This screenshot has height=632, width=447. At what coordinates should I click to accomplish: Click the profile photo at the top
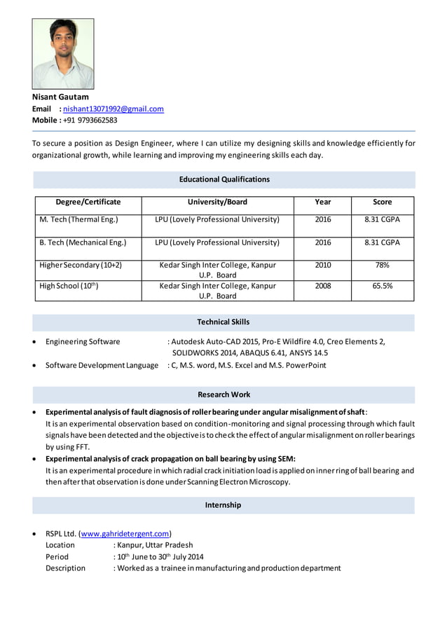[63, 53]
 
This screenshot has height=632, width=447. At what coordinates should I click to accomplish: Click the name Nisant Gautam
[60, 97]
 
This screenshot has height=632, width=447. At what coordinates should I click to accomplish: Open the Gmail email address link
[114, 109]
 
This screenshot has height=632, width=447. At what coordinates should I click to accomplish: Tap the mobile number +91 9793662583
[90, 120]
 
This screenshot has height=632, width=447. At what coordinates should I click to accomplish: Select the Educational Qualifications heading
[224, 179]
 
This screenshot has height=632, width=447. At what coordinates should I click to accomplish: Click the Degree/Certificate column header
[88, 202]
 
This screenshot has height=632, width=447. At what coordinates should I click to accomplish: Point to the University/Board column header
[217, 202]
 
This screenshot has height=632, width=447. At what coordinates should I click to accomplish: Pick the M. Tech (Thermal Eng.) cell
[78, 219]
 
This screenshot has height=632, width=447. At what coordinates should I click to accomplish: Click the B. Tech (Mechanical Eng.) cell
[83, 242]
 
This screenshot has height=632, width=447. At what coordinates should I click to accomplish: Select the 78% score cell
[382, 266]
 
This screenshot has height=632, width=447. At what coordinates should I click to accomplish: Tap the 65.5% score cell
[382, 286]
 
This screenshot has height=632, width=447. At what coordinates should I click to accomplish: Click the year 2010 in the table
[323, 266]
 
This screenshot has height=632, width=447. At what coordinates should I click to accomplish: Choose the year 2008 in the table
[323, 286]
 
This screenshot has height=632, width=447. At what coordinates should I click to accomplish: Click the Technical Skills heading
[224, 322]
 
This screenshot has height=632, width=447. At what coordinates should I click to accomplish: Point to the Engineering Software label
[83, 342]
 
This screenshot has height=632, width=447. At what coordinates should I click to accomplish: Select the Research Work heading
[224, 394]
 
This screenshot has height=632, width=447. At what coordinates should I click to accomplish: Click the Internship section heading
[223, 504]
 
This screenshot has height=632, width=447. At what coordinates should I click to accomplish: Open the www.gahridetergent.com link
[126, 533]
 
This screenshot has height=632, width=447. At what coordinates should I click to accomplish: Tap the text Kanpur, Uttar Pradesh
[155, 544]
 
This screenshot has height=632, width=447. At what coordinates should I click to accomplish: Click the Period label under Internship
[57, 556]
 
